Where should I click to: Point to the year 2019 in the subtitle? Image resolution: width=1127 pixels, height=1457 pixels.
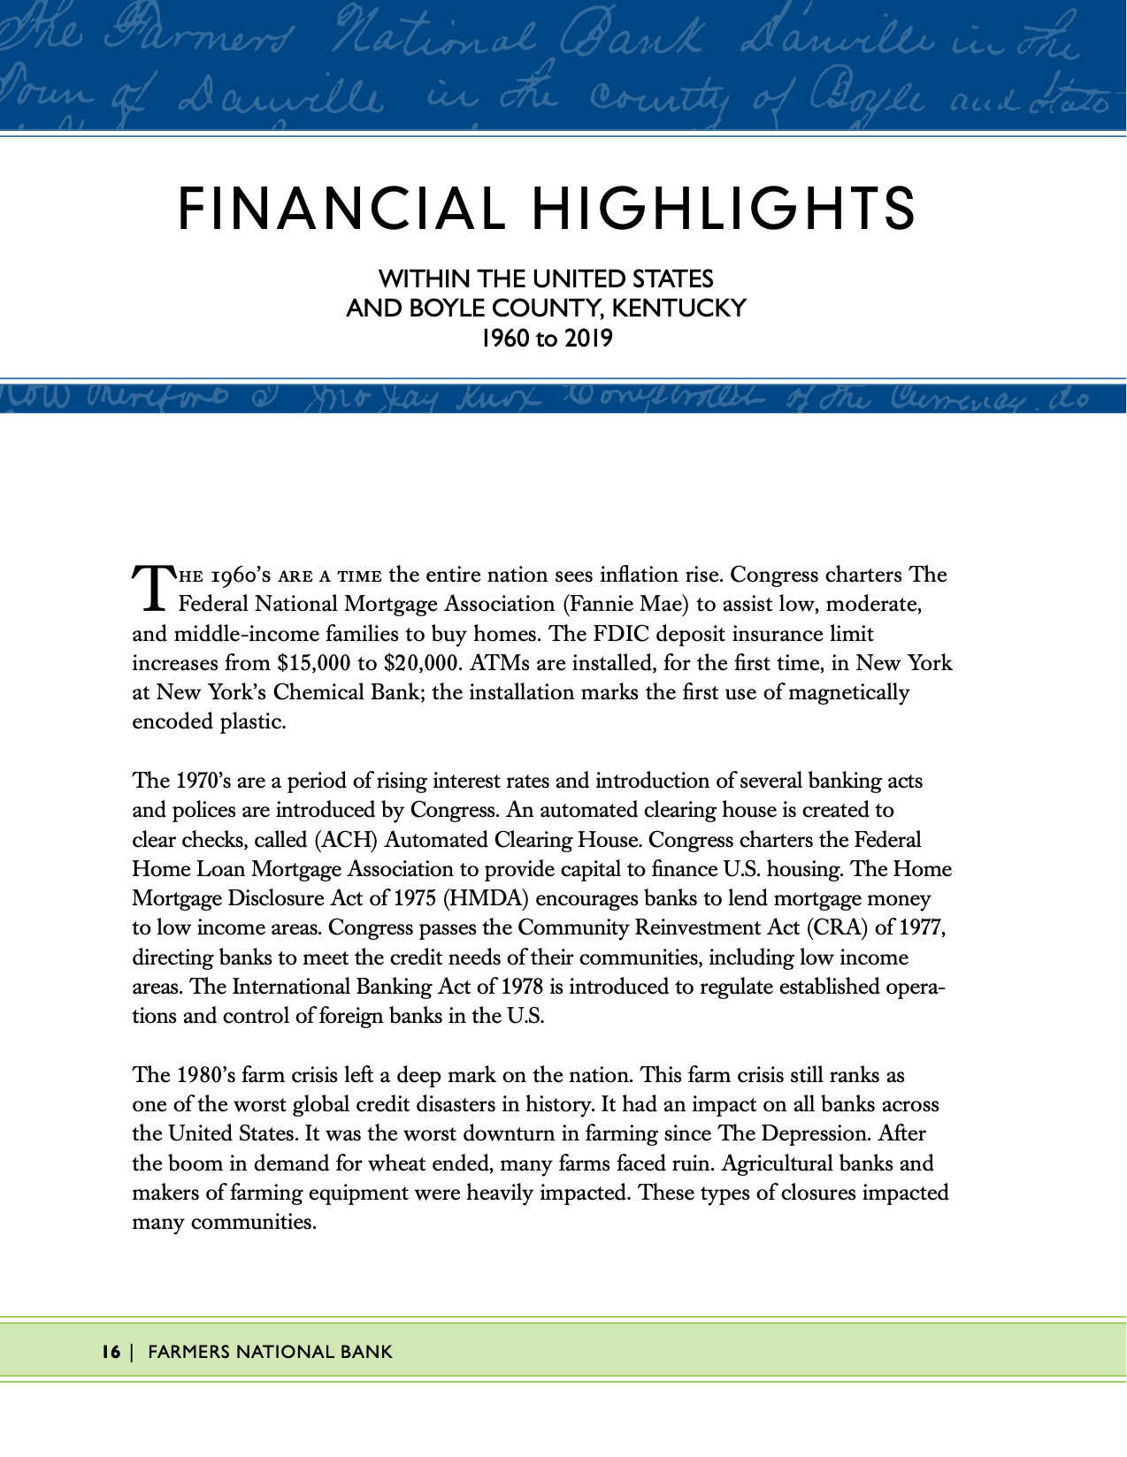tap(586, 339)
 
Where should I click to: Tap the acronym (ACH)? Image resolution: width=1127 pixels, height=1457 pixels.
tap(352, 839)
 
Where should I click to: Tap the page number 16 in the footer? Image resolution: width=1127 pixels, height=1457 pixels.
tap(111, 1352)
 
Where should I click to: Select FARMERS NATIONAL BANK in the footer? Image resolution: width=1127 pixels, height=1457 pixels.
tap(270, 1352)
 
